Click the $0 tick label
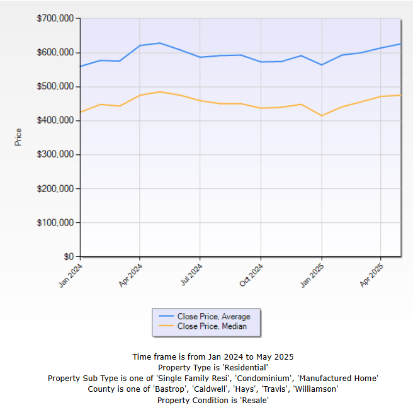tap(67, 257)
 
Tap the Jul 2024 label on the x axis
tap(191, 275)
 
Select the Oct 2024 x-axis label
tap(252, 275)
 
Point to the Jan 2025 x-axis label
tap(313, 275)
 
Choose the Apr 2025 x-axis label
tap(372, 275)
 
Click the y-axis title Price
tap(18, 137)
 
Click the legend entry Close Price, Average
tap(213, 317)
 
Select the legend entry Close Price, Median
tap(212, 326)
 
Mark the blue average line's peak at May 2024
tap(160, 43)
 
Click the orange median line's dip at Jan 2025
tap(322, 115)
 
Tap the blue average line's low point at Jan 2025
tap(322, 64)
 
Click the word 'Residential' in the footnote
tap(247, 367)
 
